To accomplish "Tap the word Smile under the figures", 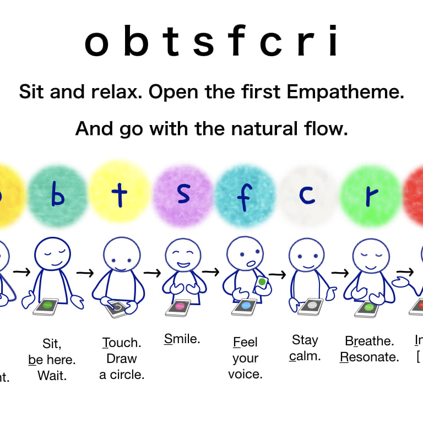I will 182,339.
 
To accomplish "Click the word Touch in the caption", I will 122,343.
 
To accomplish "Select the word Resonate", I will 370,357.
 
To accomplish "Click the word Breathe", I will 370,340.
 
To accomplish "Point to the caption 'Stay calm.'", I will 305,348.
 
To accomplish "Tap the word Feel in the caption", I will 245,343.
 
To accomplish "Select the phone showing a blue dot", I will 245,306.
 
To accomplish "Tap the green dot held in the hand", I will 262,283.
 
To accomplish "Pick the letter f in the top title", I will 232,42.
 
